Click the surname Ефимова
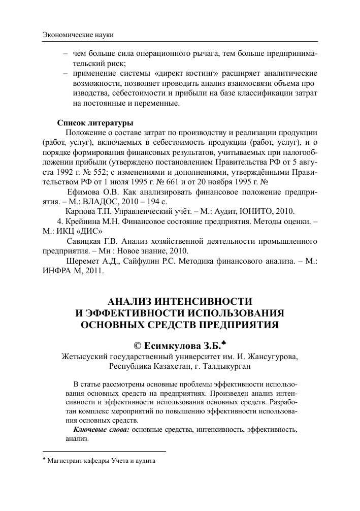[84, 191]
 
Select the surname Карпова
[81, 211]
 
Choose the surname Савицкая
[84, 240]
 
